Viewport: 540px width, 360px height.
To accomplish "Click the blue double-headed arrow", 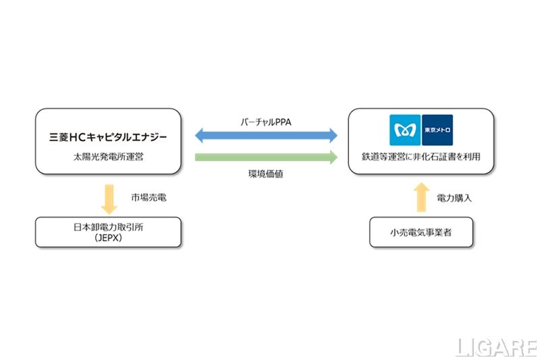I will [x=266, y=136].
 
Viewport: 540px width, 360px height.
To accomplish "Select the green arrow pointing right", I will [x=266, y=157].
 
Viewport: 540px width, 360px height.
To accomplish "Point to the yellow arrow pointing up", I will [x=421, y=196].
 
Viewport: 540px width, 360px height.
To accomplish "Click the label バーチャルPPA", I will [x=266, y=123].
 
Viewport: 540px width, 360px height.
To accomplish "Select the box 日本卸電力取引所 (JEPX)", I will [x=108, y=232].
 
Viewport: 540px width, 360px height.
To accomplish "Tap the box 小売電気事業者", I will [x=421, y=232].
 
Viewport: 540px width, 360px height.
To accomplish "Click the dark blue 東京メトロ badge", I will [x=437, y=130].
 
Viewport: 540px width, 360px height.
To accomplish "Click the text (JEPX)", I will [x=108, y=238].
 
